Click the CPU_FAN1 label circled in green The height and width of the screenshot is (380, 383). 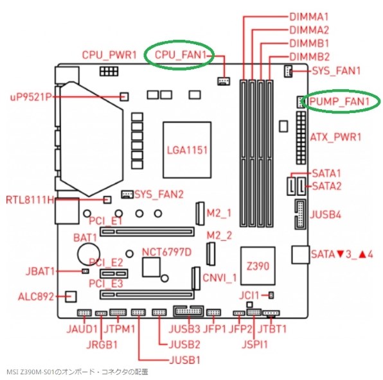[x=181, y=55]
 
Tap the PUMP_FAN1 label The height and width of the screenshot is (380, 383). [x=339, y=101]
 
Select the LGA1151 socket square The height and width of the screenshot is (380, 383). [x=187, y=150]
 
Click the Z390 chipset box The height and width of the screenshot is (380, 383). [x=258, y=266]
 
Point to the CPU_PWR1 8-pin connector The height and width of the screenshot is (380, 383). [x=109, y=71]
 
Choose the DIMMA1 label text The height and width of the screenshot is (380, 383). [x=309, y=17]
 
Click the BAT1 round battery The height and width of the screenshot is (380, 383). [x=89, y=254]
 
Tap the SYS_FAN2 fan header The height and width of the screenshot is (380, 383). [x=127, y=194]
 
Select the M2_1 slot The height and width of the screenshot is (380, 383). [x=200, y=213]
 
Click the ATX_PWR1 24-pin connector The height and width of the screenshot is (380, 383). [x=301, y=137]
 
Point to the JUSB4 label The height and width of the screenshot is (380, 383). [x=325, y=215]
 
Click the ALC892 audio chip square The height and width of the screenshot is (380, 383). [x=71, y=297]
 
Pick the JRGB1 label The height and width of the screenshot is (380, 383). [x=102, y=345]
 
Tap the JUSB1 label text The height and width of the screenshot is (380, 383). [x=184, y=359]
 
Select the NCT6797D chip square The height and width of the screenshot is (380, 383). [x=152, y=267]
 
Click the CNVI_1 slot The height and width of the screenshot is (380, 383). [x=196, y=278]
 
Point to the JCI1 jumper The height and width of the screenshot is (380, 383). [x=271, y=295]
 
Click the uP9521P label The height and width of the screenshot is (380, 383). [x=31, y=97]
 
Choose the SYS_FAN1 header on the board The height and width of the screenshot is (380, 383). [x=288, y=71]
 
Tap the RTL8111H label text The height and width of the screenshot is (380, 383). [x=30, y=200]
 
